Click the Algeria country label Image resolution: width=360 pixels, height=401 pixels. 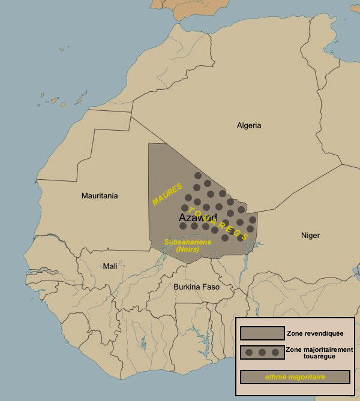tap(249, 125)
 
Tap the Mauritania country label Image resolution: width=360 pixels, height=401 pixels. tap(100, 196)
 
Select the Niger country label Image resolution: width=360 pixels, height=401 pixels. tap(310, 236)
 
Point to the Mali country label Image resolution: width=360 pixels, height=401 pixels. tap(110, 266)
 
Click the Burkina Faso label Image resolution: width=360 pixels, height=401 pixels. tap(196, 287)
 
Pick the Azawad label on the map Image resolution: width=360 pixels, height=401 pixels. tap(197, 218)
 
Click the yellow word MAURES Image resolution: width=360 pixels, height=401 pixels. tap(167, 194)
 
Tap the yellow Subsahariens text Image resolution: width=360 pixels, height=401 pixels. tap(187, 242)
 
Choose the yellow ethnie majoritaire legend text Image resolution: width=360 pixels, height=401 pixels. tap(295, 377)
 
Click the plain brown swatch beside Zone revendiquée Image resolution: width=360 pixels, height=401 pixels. tap(262, 333)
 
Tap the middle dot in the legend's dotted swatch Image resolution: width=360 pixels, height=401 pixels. tap(262, 352)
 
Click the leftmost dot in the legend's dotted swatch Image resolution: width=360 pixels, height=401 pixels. tap(249, 352)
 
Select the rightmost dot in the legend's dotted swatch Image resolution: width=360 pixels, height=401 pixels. tap(275, 352)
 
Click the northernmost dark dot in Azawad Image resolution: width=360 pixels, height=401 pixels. tap(197, 176)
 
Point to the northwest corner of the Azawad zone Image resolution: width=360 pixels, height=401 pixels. tap(149, 144)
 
